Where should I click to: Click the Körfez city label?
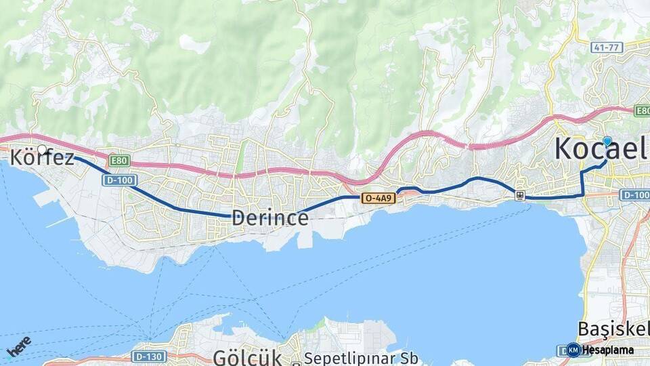[42, 159]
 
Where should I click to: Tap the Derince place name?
[270, 218]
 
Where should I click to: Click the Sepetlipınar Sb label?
[362, 357]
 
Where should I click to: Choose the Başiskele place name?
[613, 329]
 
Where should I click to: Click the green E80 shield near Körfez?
[119, 161]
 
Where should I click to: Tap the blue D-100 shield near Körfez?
[121, 180]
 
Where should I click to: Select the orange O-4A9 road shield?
[376, 198]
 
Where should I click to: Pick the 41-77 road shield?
[606, 47]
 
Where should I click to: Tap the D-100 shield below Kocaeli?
[635, 195]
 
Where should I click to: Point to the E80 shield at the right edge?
[643, 110]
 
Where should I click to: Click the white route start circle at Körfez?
[42, 149]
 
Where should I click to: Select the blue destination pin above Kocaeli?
[607, 141]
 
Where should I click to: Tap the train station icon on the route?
[519, 196]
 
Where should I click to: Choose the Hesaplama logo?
[600, 350]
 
